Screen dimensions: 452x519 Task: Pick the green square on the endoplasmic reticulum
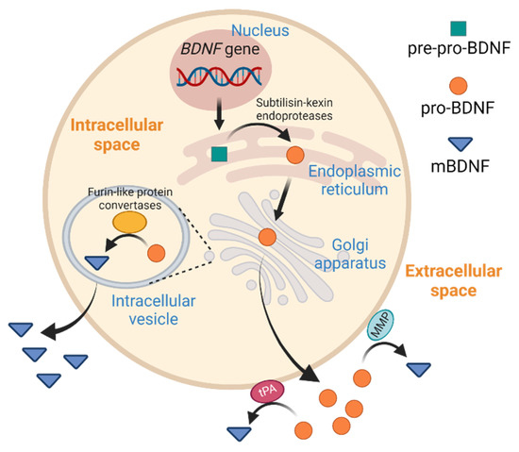tap(219, 153)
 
